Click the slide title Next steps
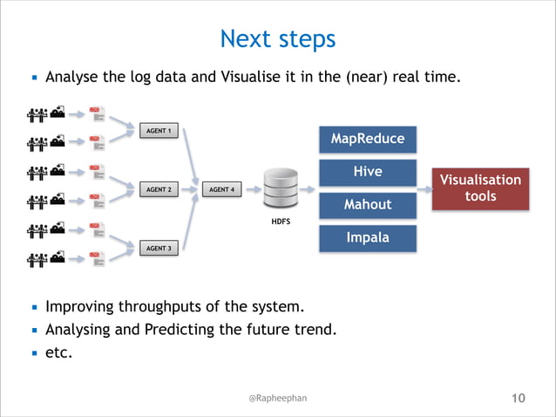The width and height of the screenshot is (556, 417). pos(277,39)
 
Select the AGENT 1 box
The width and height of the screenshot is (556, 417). pos(158,131)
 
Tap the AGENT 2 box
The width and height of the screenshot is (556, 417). pos(158,189)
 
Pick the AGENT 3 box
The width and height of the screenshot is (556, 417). pos(158,249)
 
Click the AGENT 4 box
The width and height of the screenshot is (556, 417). pos(220,189)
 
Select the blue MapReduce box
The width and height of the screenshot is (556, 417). pos(367,139)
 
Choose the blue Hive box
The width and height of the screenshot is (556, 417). pos(367,172)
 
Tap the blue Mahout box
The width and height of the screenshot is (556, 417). pos(367,205)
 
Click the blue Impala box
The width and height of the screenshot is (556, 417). pos(367,238)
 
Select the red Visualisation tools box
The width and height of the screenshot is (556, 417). pos(480,188)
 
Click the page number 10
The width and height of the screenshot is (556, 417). pos(518,399)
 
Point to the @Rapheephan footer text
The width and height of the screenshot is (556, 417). pos(277,398)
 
